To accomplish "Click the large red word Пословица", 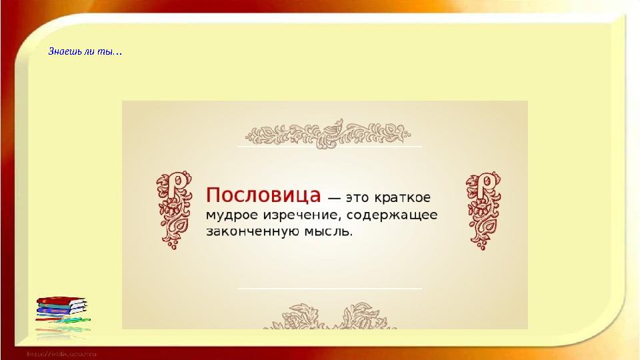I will coord(264,195).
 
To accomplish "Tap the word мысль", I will coord(329,232).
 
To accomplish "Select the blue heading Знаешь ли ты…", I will coord(85,51).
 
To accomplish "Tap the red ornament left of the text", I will coord(173,209).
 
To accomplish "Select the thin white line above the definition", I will coord(330,145).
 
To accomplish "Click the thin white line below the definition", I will coord(330,288).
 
